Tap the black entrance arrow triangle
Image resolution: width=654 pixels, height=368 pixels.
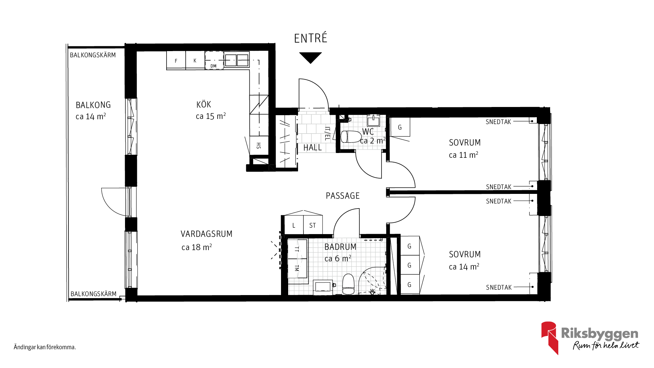(310, 57)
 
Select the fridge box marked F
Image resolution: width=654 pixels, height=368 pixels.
(176, 60)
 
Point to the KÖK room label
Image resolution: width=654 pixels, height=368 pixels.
(204, 105)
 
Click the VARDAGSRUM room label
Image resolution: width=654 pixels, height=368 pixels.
(206, 234)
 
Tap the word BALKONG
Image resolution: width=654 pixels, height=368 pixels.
(93, 105)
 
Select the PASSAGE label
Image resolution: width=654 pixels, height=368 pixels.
(343, 196)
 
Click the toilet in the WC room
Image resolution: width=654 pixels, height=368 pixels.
(351, 137)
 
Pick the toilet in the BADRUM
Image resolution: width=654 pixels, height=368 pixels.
(348, 284)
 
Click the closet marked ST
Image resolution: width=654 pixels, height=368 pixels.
(313, 225)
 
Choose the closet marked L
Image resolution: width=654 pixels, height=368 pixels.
(294, 225)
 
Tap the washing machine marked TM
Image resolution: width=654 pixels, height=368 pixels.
(297, 269)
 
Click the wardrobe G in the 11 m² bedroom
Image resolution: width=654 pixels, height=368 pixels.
(400, 127)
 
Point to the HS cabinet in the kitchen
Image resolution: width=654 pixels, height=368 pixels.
(259, 146)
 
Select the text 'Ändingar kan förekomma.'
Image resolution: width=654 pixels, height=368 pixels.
(45, 347)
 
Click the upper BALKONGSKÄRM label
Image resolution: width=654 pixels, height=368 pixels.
(93, 55)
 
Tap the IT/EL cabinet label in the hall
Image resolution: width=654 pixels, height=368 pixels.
(327, 134)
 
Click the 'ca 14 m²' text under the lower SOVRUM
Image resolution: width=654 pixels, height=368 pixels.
(464, 266)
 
